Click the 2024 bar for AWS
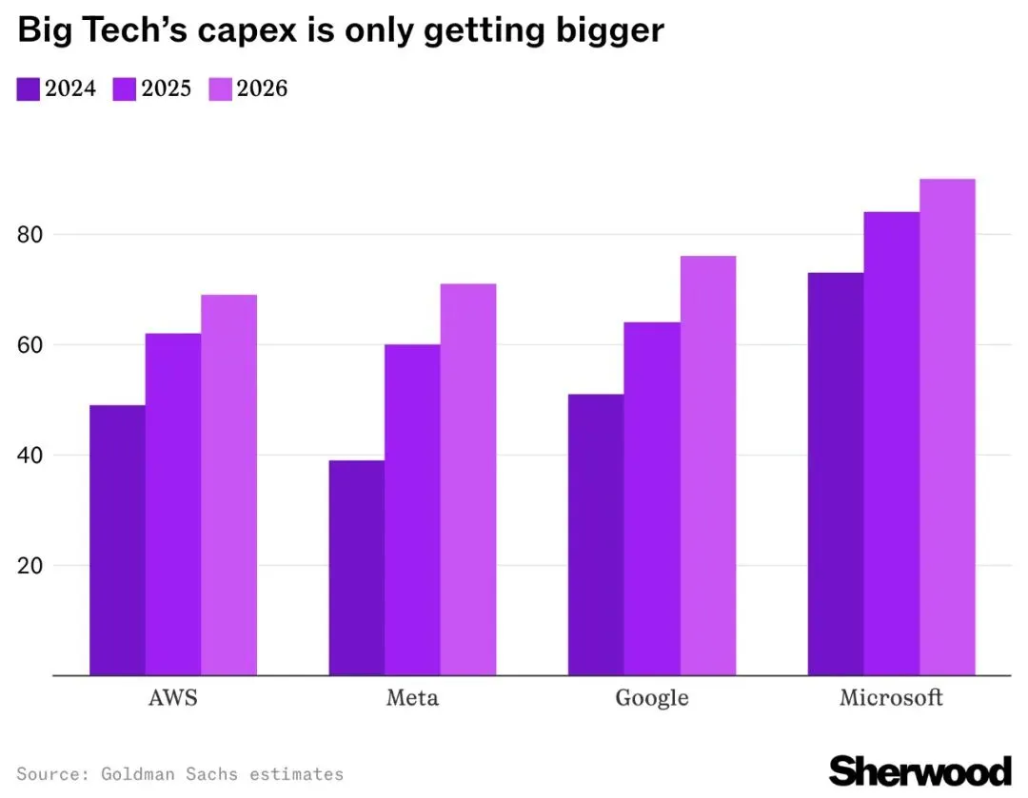click(117, 540)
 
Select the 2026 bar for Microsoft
click(947, 427)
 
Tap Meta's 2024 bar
click(357, 568)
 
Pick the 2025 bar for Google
click(652, 498)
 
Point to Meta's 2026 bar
click(468, 479)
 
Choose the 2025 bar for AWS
click(173, 504)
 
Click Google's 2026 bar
click(708, 465)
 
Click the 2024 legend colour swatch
click(28, 89)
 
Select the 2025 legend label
click(166, 89)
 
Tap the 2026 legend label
click(262, 89)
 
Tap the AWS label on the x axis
click(173, 698)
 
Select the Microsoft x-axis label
click(891, 698)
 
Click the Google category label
click(652, 698)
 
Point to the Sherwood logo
click(919, 770)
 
